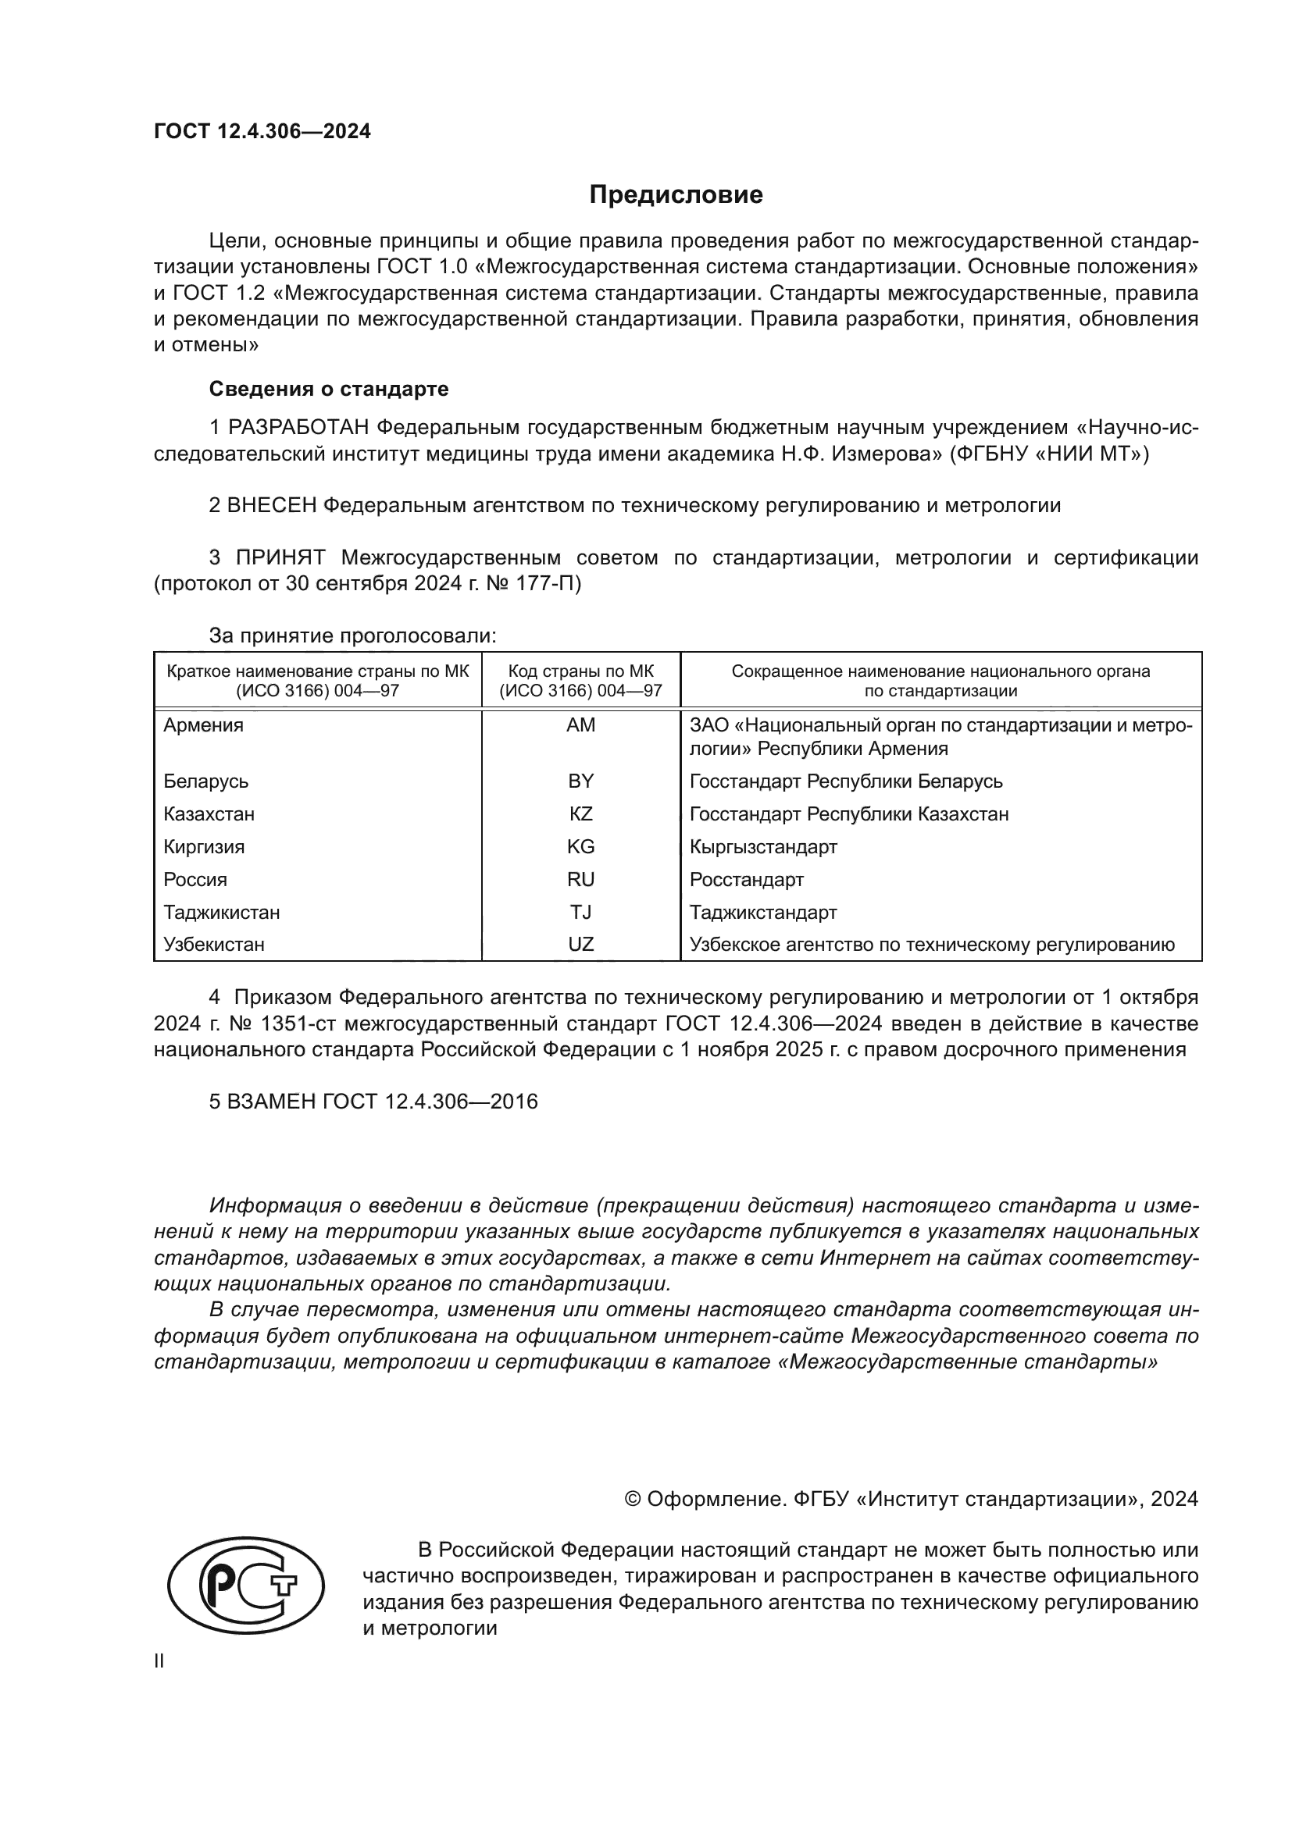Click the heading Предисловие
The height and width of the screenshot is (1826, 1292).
point(676,195)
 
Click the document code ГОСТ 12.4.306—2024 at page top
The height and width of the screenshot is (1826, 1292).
point(262,131)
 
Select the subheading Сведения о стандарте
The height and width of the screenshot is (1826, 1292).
point(329,389)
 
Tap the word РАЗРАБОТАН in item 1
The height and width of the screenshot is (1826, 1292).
point(298,428)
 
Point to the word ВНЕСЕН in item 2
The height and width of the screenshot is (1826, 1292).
point(272,506)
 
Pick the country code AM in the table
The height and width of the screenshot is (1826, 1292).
point(580,725)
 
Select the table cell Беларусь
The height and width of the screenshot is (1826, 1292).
point(206,781)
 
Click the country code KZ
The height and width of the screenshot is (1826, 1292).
point(580,813)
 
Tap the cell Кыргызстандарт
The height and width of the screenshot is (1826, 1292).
point(763,846)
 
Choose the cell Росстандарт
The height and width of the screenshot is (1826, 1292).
point(746,880)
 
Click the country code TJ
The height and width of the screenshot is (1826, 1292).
point(580,912)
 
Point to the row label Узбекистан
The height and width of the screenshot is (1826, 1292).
point(214,945)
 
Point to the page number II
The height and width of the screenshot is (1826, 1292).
point(159,1660)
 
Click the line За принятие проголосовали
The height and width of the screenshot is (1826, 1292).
point(352,635)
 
